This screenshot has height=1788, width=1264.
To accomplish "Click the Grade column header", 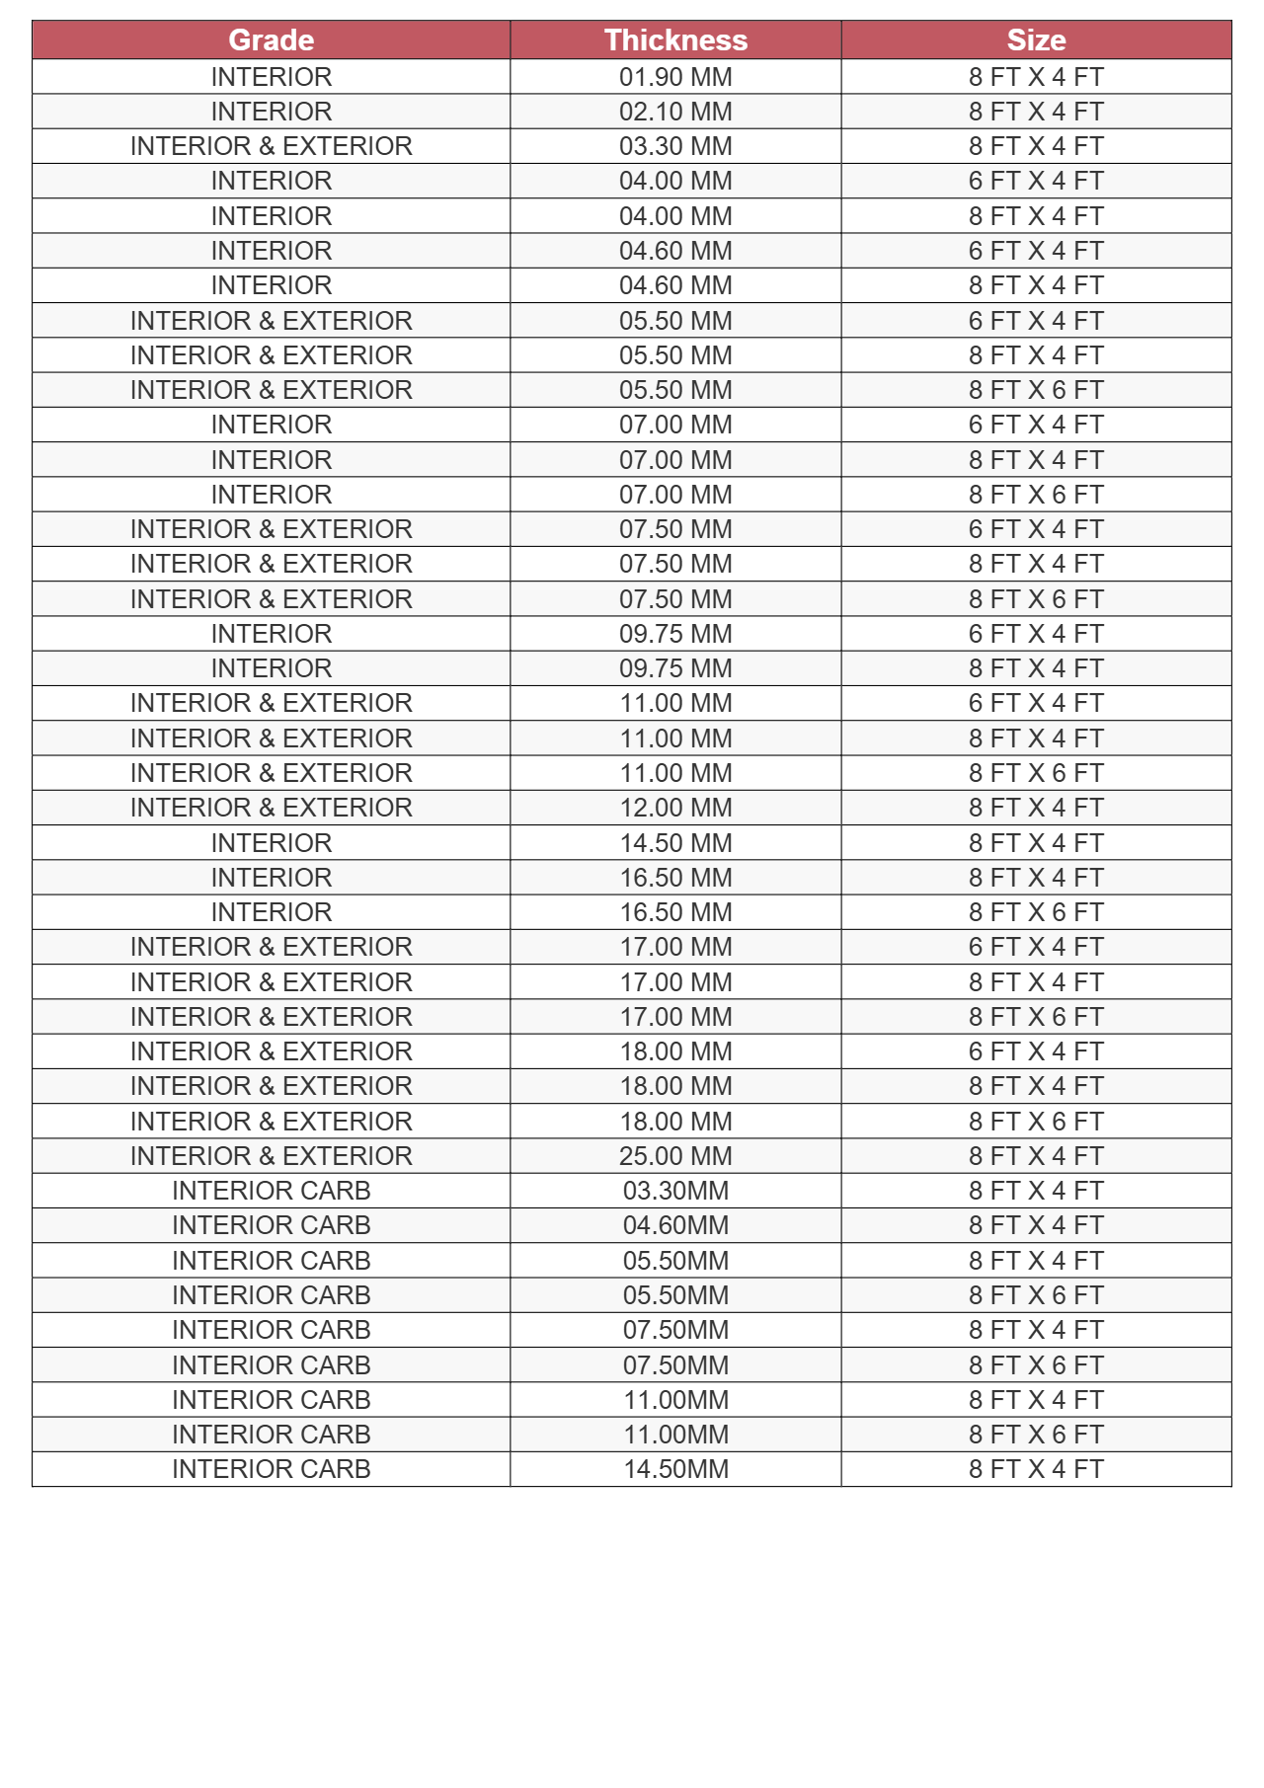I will pyautogui.click(x=271, y=39).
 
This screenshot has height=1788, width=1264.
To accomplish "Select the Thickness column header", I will pyautogui.click(x=675, y=39).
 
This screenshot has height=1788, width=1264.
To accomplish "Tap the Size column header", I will pyautogui.click(x=1036, y=39).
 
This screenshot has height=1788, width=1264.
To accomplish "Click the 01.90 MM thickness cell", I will pyautogui.click(x=675, y=77).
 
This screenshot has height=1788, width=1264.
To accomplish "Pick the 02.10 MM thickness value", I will pyautogui.click(x=675, y=112).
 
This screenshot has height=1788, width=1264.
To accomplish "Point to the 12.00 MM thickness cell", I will pyautogui.click(x=675, y=808).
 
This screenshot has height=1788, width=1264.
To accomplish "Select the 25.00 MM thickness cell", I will pyautogui.click(x=675, y=1156).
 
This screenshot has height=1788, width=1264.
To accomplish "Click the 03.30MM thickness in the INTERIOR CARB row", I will pyautogui.click(x=675, y=1191).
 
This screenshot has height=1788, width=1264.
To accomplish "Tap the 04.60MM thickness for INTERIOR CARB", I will pyautogui.click(x=675, y=1225).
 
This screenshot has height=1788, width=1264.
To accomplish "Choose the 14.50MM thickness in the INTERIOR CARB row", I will pyautogui.click(x=675, y=1469).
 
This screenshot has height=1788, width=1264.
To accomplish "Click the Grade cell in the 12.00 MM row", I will pyautogui.click(x=271, y=808).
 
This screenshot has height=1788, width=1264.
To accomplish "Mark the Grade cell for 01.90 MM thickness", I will pyautogui.click(x=271, y=77).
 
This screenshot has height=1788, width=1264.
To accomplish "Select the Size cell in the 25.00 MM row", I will pyautogui.click(x=1036, y=1156).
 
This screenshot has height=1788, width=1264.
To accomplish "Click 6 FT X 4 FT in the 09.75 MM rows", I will pyautogui.click(x=1036, y=634).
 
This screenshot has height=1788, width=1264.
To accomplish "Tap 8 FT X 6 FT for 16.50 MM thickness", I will pyautogui.click(x=1036, y=912).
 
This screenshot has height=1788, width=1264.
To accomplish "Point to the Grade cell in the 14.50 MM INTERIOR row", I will pyautogui.click(x=271, y=843).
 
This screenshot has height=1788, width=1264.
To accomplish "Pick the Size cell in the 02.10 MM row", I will pyautogui.click(x=1036, y=112).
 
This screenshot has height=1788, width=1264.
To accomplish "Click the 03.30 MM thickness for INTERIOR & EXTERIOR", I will pyautogui.click(x=675, y=146).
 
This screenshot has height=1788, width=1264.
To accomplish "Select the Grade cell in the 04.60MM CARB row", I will pyautogui.click(x=271, y=1225).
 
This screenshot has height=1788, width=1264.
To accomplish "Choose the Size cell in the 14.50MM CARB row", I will pyautogui.click(x=1036, y=1469).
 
